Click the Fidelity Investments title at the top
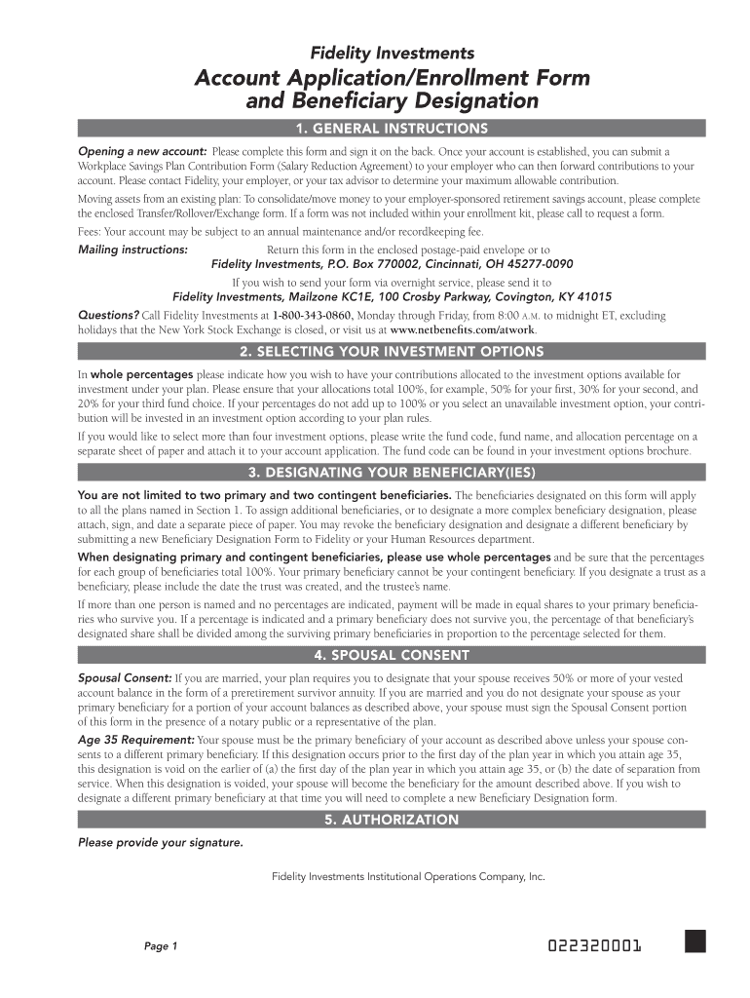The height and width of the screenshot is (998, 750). [x=392, y=53]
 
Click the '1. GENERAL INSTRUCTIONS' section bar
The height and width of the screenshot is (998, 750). [x=392, y=129]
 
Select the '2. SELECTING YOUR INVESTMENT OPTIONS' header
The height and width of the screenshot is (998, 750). [x=392, y=351]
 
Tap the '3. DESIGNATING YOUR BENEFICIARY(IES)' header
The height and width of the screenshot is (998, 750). [x=392, y=474]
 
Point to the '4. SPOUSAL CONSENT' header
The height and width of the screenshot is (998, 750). [x=392, y=654]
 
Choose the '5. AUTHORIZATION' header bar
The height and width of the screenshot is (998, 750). [x=392, y=820]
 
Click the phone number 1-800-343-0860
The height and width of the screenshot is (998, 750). [x=312, y=316]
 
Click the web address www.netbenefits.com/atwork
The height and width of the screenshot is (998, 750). [x=463, y=329]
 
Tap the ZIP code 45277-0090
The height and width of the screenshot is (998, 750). [x=536, y=264]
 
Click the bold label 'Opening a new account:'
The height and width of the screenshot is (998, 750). [x=142, y=152]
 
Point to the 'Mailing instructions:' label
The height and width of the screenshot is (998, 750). [x=132, y=249]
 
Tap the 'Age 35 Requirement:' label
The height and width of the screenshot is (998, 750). [x=135, y=741]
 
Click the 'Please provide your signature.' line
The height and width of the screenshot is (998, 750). [x=161, y=842]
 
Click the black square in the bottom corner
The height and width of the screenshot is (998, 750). [x=694, y=940]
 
